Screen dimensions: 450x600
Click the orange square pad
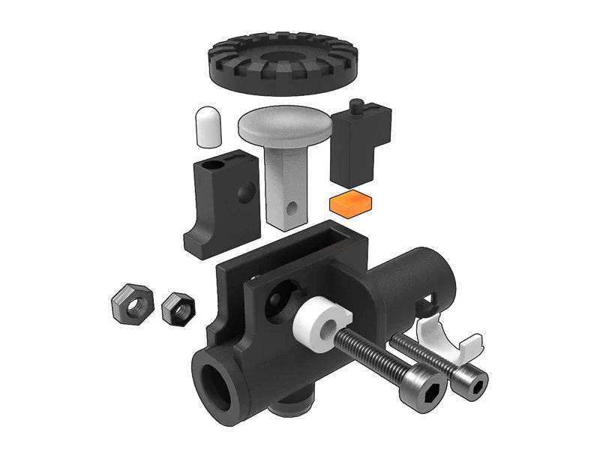pos(351,202)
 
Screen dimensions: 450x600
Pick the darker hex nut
pos(178,307)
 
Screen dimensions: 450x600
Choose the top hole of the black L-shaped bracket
pos(217,161)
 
